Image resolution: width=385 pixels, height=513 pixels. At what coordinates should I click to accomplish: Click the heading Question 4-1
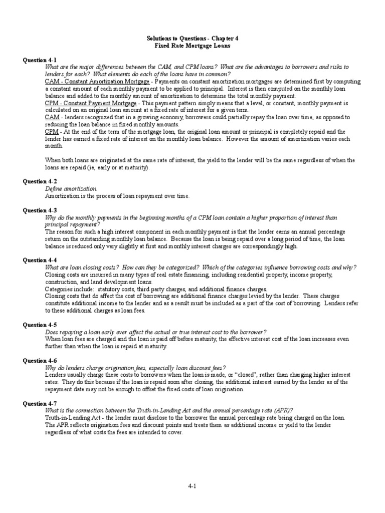coord(40,60)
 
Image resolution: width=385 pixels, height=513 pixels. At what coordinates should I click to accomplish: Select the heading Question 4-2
coord(40,181)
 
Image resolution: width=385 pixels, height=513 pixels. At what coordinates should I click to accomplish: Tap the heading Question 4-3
coord(40,210)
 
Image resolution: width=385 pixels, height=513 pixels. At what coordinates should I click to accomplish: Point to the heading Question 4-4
coord(40,261)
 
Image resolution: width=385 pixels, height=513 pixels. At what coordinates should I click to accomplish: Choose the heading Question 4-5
coord(40,325)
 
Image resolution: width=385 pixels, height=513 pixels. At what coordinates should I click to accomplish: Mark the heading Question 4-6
coord(40,360)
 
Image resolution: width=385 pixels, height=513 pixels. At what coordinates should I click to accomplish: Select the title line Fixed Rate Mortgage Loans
coord(192,45)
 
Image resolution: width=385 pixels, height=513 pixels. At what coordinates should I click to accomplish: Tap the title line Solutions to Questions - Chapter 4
coord(192,38)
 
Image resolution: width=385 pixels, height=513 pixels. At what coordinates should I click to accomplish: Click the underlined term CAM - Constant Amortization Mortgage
coord(97,81)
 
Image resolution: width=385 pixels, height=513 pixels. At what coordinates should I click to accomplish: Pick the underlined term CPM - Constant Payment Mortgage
coord(90,103)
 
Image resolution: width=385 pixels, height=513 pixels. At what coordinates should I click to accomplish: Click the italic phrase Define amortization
coord(71,189)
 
